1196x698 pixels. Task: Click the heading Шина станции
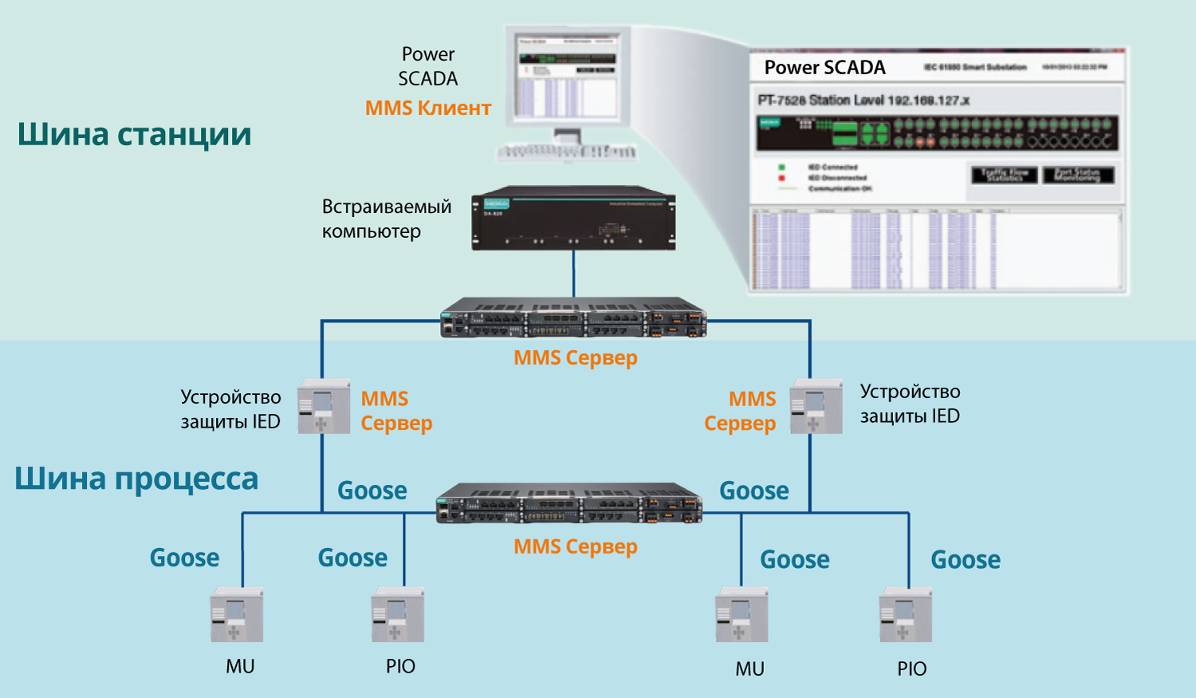pos(134,134)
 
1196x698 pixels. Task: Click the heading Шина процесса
pos(136,479)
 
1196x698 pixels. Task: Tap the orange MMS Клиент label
pos(428,108)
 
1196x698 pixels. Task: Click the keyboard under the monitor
pos(567,151)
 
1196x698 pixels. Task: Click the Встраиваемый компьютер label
pos(387,219)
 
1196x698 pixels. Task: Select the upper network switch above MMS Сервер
pos(573,317)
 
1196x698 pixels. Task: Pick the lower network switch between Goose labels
pos(569,503)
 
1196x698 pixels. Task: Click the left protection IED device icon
pos(324,407)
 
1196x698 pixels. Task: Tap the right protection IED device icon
pos(816,407)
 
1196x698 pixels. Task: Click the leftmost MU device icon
pos(237,615)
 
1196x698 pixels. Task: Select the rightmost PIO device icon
pos(906,615)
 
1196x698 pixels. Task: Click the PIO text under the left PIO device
pos(400,666)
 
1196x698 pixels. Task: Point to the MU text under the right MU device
pos(749,668)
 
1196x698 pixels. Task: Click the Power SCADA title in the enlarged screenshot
pos(824,68)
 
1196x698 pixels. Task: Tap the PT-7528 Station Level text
pos(863,101)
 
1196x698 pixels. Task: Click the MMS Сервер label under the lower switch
pos(575,546)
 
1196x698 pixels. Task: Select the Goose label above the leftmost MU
pos(184,558)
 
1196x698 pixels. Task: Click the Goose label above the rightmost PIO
pos(966,560)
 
